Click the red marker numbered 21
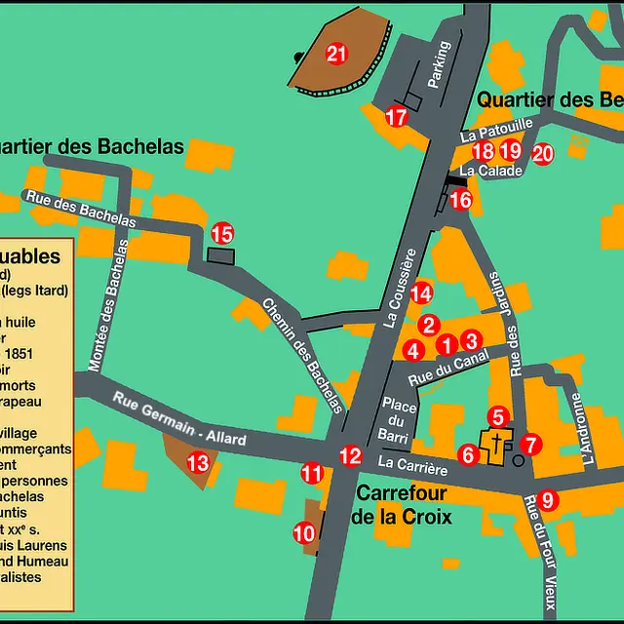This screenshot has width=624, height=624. click(336, 55)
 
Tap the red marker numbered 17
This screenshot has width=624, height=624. click(395, 118)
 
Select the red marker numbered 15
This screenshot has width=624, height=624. click(222, 234)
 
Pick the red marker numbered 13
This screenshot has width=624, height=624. click(198, 463)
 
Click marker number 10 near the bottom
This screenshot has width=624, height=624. click(304, 533)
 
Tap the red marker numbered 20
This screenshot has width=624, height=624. click(542, 153)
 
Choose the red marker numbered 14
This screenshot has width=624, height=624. click(420, 292)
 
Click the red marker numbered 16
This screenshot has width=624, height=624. click(461, 200)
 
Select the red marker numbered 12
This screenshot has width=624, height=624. click(350, 455)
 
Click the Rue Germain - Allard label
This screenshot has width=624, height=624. click(179, 419)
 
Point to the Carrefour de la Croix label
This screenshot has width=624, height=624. click(402, 504)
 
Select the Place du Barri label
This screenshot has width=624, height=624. click(400, 420)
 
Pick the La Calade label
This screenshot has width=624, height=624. click(490, 171)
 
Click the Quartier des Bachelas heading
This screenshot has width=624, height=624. click(93, 146)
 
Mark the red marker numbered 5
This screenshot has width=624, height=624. click(497, 416)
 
